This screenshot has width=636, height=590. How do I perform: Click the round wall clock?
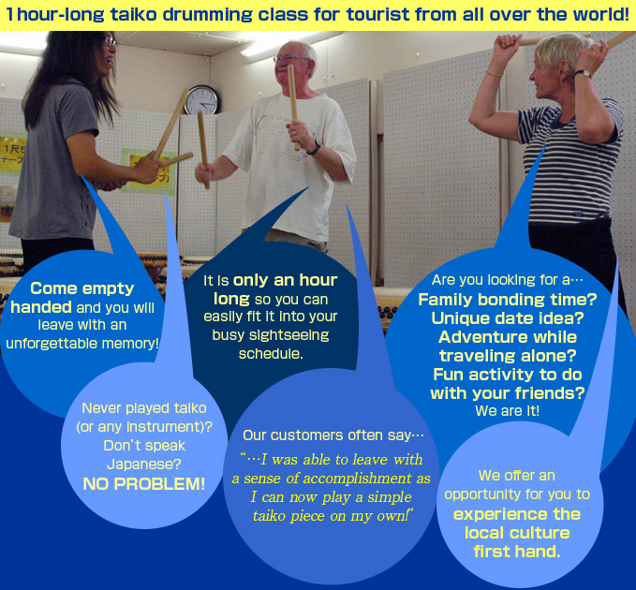pos(201,100)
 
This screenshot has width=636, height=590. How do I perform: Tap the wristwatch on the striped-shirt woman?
pos(583,73)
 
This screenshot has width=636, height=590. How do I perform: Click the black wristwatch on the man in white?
pos(314,148)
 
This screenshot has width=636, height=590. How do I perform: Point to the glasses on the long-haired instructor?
pos(109,41)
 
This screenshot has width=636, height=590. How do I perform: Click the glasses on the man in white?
pos(290,59)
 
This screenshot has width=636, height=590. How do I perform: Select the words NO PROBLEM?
pos(144,484)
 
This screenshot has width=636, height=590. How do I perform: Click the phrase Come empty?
pos(81,288)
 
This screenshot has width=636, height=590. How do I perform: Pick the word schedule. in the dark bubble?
pos(271,354)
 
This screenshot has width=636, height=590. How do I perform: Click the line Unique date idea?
pos(508,317)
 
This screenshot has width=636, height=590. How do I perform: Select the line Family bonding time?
pos(508,300)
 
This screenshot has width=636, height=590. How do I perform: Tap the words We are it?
pos(508,411)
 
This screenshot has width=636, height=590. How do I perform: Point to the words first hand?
pos(517,552)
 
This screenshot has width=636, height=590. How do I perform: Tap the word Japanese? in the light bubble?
pos(144,465)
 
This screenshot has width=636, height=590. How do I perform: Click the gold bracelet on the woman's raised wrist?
pos(495,74)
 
